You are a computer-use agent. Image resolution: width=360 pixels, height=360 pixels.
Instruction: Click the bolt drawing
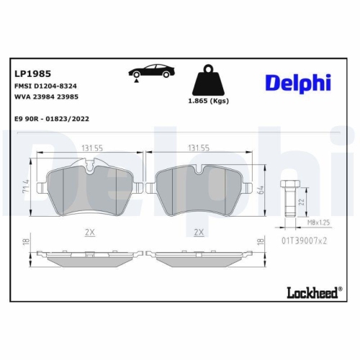[x=291, y=194]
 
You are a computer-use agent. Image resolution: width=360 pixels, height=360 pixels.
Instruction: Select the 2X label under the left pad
[x=90, y=233]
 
